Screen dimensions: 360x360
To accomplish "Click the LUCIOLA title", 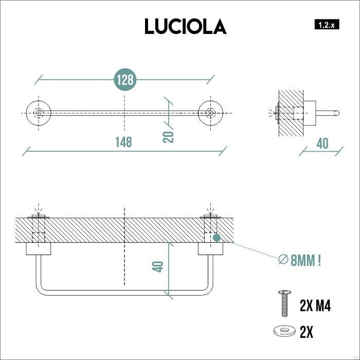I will point(185,26).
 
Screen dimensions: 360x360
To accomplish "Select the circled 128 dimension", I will point(124,80).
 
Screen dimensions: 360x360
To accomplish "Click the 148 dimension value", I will point(123,141).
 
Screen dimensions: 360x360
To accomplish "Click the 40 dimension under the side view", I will point(322,143).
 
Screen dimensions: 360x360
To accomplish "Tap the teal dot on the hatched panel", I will point(217,238).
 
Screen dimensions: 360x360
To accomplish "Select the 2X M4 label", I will point(315,307).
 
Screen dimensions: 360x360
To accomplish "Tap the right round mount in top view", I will point(210,112).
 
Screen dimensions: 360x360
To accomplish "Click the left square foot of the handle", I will point(39,249).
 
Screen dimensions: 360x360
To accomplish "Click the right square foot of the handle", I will point(210,249).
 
